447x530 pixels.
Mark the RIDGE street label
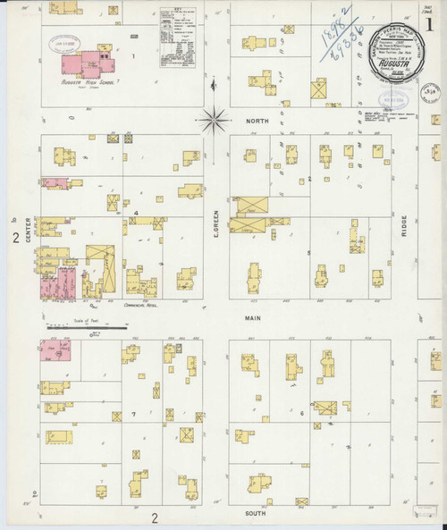(404, 218)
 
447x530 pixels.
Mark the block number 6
(303, 412)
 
